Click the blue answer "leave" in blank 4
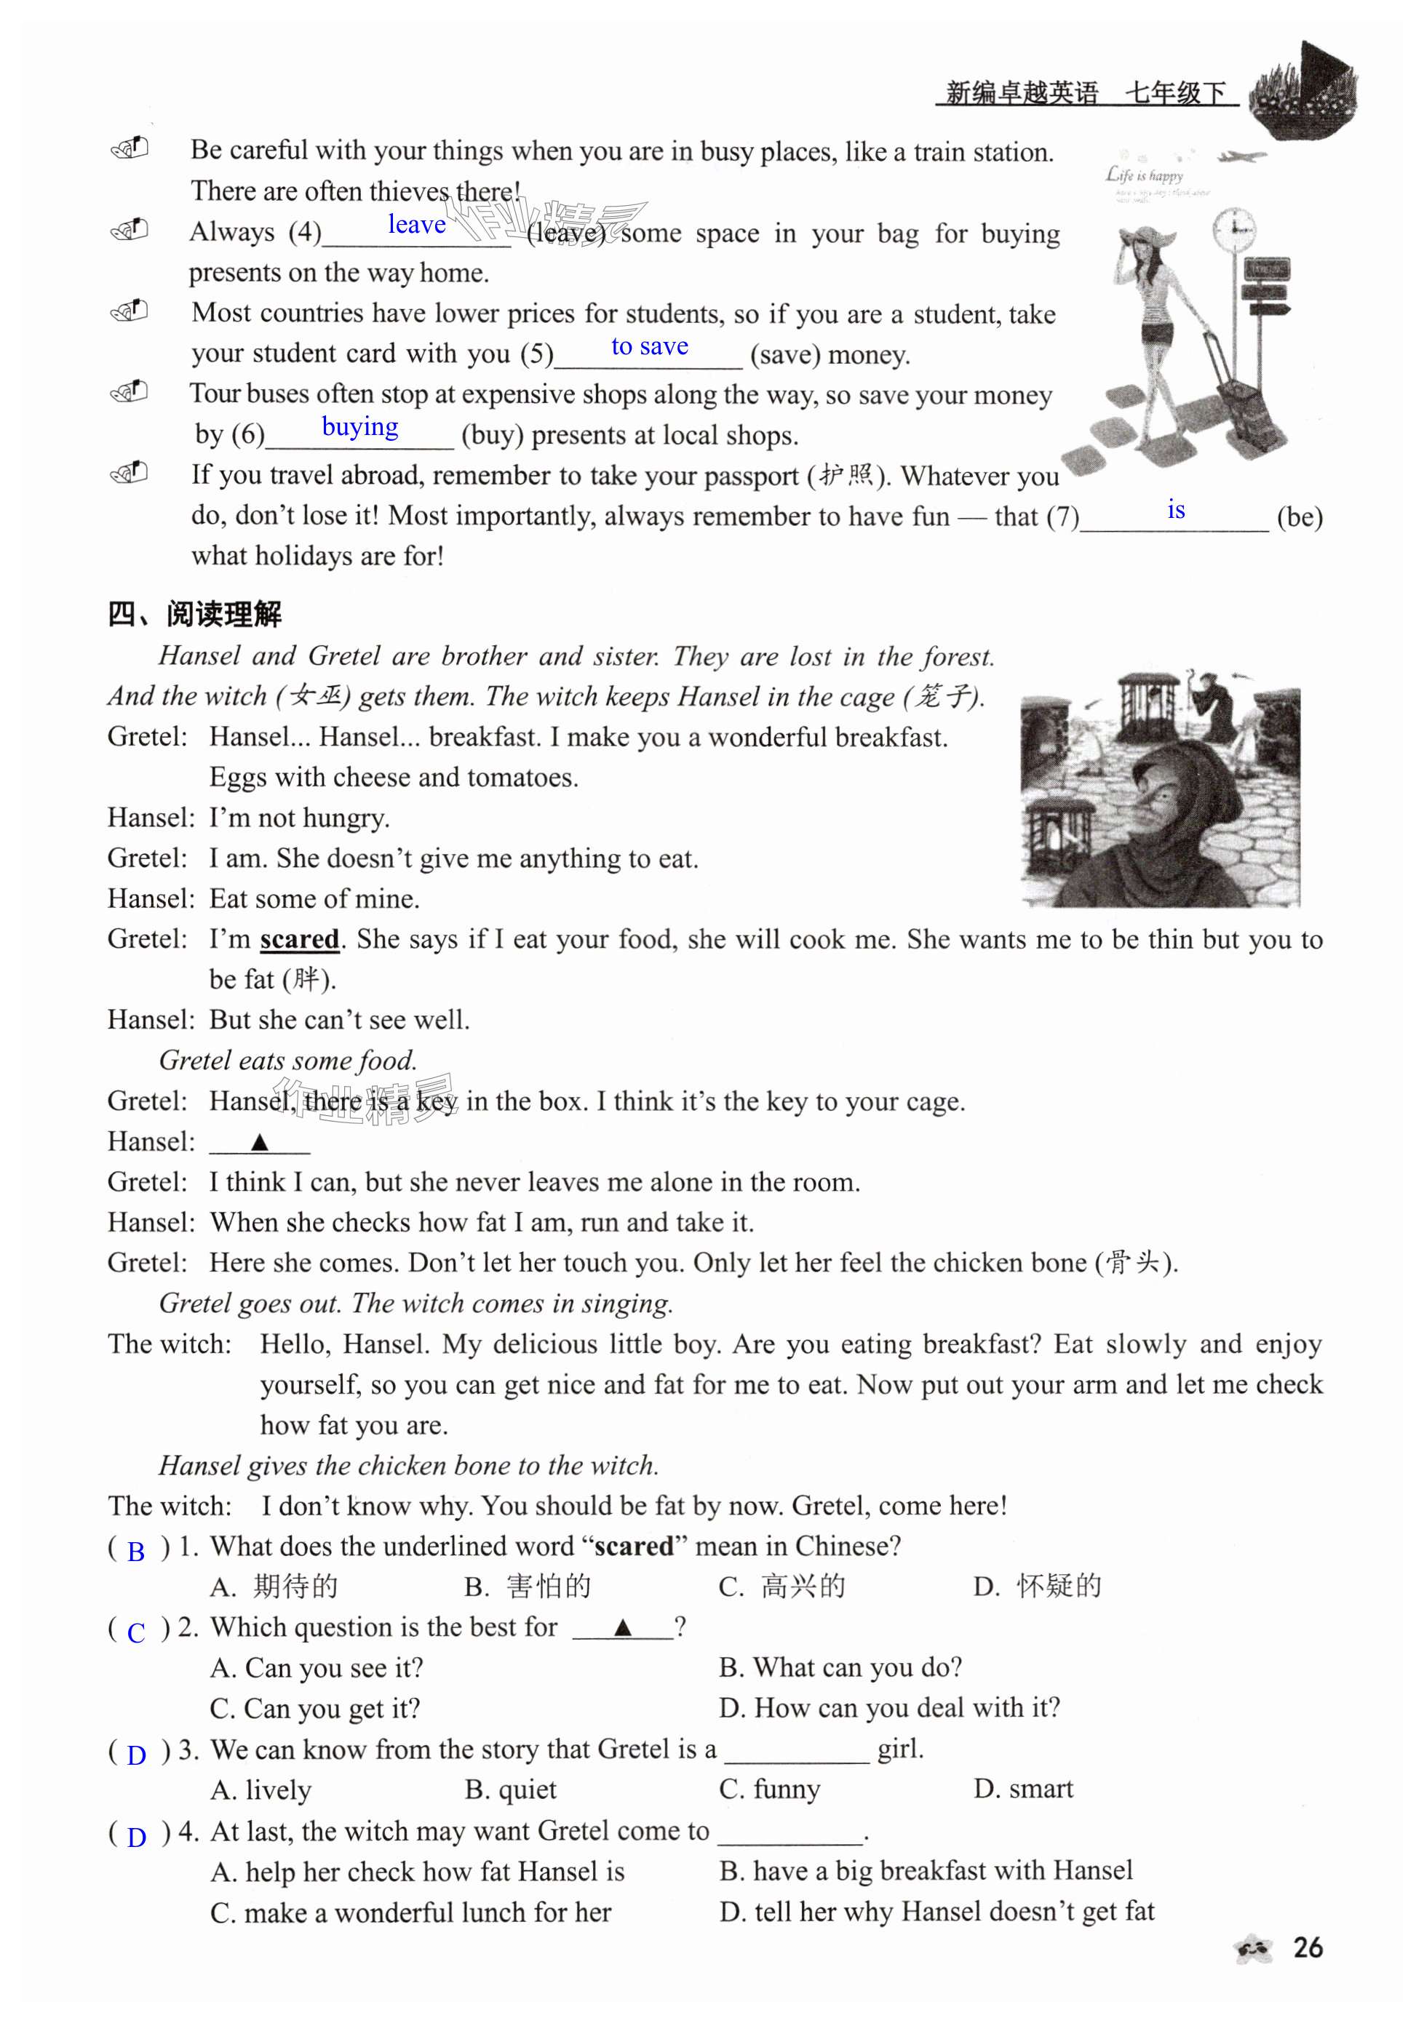tap(417, 225)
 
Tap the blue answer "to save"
tap(650, 346)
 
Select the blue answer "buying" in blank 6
tap(359, 427)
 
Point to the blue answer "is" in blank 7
tap(1175, 510)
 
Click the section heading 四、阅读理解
tap(195, 614)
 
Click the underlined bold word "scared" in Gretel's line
tap(300, 939)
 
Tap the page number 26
tap(1308, 1948)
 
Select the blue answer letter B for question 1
tap(135, 1552)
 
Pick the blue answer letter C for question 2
tap(135, 1632)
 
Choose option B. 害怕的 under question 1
tap(528, 1587)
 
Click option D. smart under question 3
tap(1023, 1789)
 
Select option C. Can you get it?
tap(314, 1709)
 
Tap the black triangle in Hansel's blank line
tap(259, 1143)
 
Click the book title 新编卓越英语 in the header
tap(1022, 92)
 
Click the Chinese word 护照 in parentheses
tap(846, 476)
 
